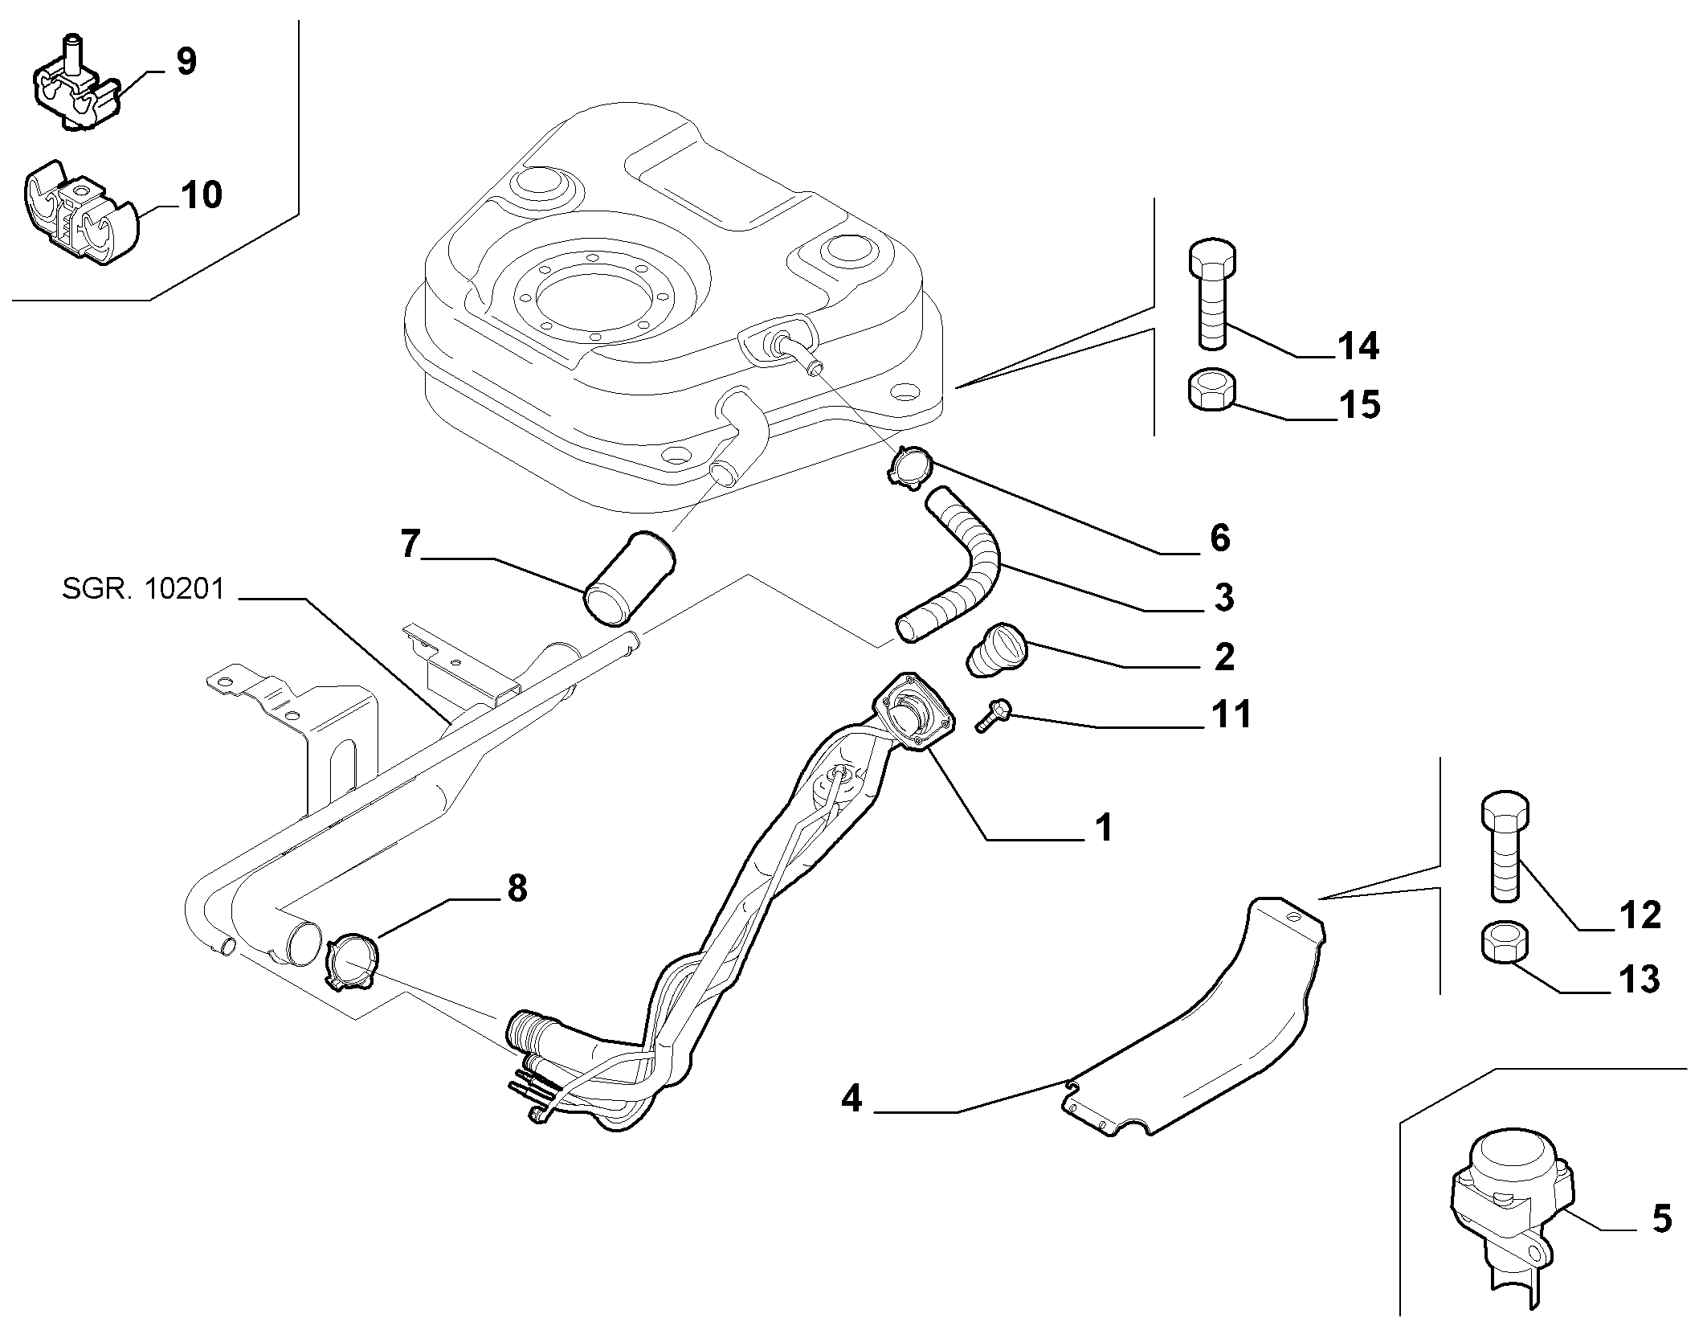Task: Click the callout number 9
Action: click(186, 62)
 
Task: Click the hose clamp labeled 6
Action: click(910, 465)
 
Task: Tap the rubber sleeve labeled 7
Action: click(631, 576)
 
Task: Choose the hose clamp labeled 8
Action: click(352, 960)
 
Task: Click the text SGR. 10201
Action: click(143, 590)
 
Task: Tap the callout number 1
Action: click(1105, 827)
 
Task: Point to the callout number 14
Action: click(1358, 346)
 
